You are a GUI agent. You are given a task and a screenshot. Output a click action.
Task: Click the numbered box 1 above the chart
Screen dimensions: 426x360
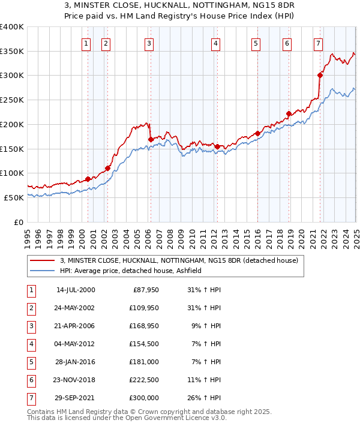click(86, 43)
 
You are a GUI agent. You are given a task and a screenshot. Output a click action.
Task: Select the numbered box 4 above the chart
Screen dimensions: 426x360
click(215, 43)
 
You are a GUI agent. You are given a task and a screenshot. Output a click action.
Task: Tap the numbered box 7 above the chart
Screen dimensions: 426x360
click(317, 43)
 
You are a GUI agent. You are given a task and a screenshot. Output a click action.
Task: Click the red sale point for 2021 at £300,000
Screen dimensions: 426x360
click(320, 75)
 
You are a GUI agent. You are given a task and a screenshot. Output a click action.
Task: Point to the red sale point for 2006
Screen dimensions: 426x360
click(151, 139)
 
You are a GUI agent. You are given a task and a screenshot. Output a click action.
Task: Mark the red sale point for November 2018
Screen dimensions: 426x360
click(289, 113)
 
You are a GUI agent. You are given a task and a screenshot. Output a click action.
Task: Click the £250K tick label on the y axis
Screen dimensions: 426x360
click(12, 100)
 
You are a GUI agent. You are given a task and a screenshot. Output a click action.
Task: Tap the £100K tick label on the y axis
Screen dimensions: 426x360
click(12, 173)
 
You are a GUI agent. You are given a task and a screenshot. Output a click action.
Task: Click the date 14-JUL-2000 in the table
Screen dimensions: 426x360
click(76, 290)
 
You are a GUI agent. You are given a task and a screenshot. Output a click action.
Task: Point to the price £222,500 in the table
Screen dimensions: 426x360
click(143, 380)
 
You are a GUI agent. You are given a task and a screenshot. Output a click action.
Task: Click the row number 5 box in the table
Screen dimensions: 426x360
click(30, 362)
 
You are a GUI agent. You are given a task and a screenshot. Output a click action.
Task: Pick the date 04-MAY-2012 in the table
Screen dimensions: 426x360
click(76, 344)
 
